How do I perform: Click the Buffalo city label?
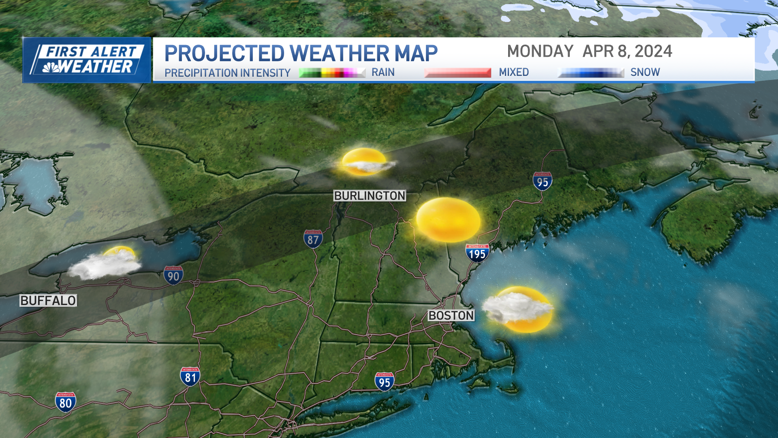[48, 301]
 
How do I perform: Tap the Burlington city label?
[370, 196]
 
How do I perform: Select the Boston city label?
[451, 316]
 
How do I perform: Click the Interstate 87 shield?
[313, 239]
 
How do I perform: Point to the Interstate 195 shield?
[477, 253]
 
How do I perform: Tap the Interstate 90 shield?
[173, 276]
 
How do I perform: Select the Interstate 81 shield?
[190, 377]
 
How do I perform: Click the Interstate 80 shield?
[65, 402]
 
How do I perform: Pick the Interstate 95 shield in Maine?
[542, 182]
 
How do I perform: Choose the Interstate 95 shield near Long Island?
[384, 382]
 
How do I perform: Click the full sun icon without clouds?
[448, 220]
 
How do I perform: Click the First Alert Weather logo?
[86, 60]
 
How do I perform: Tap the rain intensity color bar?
[332, 73]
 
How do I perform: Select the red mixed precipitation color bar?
[457, 73]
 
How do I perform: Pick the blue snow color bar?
[591, 73]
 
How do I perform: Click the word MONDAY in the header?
[540, 52]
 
